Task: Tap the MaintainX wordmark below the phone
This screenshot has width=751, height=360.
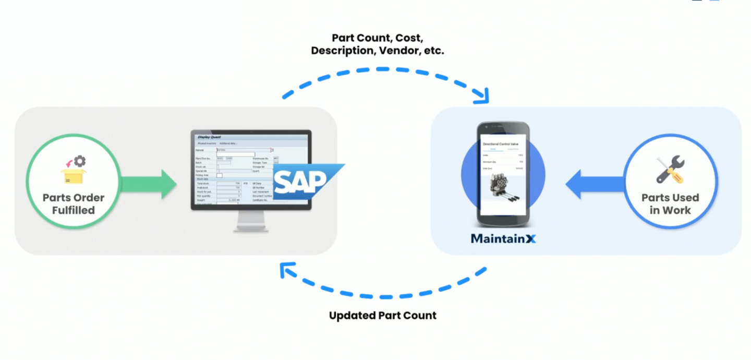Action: pos(503,238)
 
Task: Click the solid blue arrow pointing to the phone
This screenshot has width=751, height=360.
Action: pos(592,184)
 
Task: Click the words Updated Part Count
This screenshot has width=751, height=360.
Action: pos(382,316)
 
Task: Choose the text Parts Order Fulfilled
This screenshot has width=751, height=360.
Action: pos(73,204)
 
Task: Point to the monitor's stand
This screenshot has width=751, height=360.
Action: pos(251,221)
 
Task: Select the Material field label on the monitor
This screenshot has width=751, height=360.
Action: pos(199,150)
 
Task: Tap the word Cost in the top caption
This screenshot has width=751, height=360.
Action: pos(409,38)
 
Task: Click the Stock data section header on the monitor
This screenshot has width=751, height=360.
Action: pos(204,179)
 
